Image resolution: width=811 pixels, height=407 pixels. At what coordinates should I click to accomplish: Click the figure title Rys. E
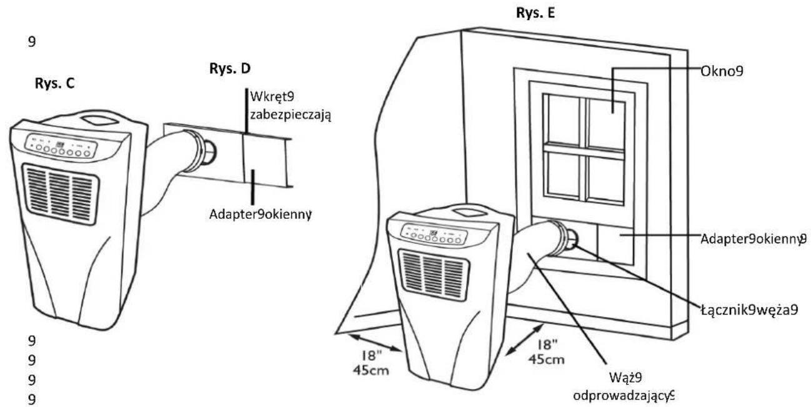click(x=535, y=13)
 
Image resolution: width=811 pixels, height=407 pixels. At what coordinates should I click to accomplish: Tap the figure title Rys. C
click(x=54, y=83)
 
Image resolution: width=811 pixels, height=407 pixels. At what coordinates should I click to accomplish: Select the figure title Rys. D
click(x=230, y=69)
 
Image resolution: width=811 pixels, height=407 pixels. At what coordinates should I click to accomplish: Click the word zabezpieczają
click(x=291, y=115)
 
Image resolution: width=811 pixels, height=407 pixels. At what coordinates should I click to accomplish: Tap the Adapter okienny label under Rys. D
click(x=260, y=214)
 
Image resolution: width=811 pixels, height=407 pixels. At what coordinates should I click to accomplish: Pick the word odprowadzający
click(x=623, y=395)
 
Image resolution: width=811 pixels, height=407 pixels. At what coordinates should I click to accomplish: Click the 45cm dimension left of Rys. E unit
click(x=371, y=370)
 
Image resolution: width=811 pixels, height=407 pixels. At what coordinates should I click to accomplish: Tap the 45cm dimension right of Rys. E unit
click(x=546, y=359)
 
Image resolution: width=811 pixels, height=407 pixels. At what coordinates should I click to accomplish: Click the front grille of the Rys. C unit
click(x=61, y=194)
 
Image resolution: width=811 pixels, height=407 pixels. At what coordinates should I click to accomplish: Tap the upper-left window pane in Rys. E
click(x=562, y=119)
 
